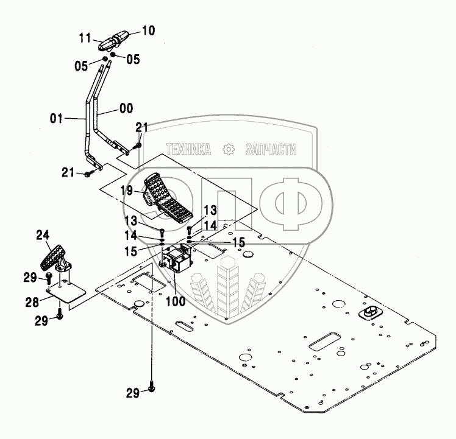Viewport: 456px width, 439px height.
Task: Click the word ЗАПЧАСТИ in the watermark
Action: tap(271, 149)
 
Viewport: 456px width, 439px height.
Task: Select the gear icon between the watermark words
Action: tap(229, 149)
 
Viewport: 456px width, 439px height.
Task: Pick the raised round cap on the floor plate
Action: tap(370, 312)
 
